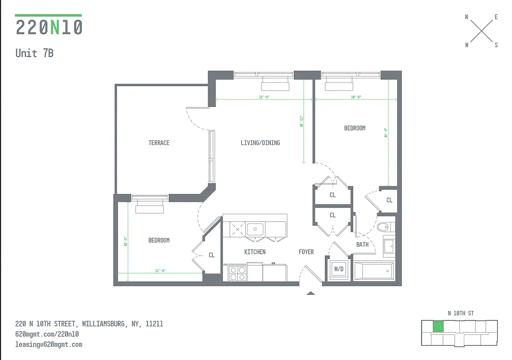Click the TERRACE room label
[x=159, y=143]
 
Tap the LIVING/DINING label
[x=260, y=143]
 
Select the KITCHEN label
[x=255, y=252]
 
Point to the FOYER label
[x=306, y=252]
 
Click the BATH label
[x=362, y=244]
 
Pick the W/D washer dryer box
[x=338, y=269]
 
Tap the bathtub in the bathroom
[x=374, y=271]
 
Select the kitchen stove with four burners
[x=238, y=273]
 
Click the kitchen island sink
[x=255, y=229]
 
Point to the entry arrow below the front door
[x=310, y=293]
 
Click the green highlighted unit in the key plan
[x=438, y=327]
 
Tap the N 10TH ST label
[x=460, y=313]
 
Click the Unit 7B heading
[x=34, y=53]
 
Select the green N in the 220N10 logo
[x=55, y=28]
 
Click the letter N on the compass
[x=467, y=17]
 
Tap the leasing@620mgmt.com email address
[x=49, y=344]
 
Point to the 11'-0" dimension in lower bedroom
[x=160, y=270]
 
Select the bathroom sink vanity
[x=388, y=246]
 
